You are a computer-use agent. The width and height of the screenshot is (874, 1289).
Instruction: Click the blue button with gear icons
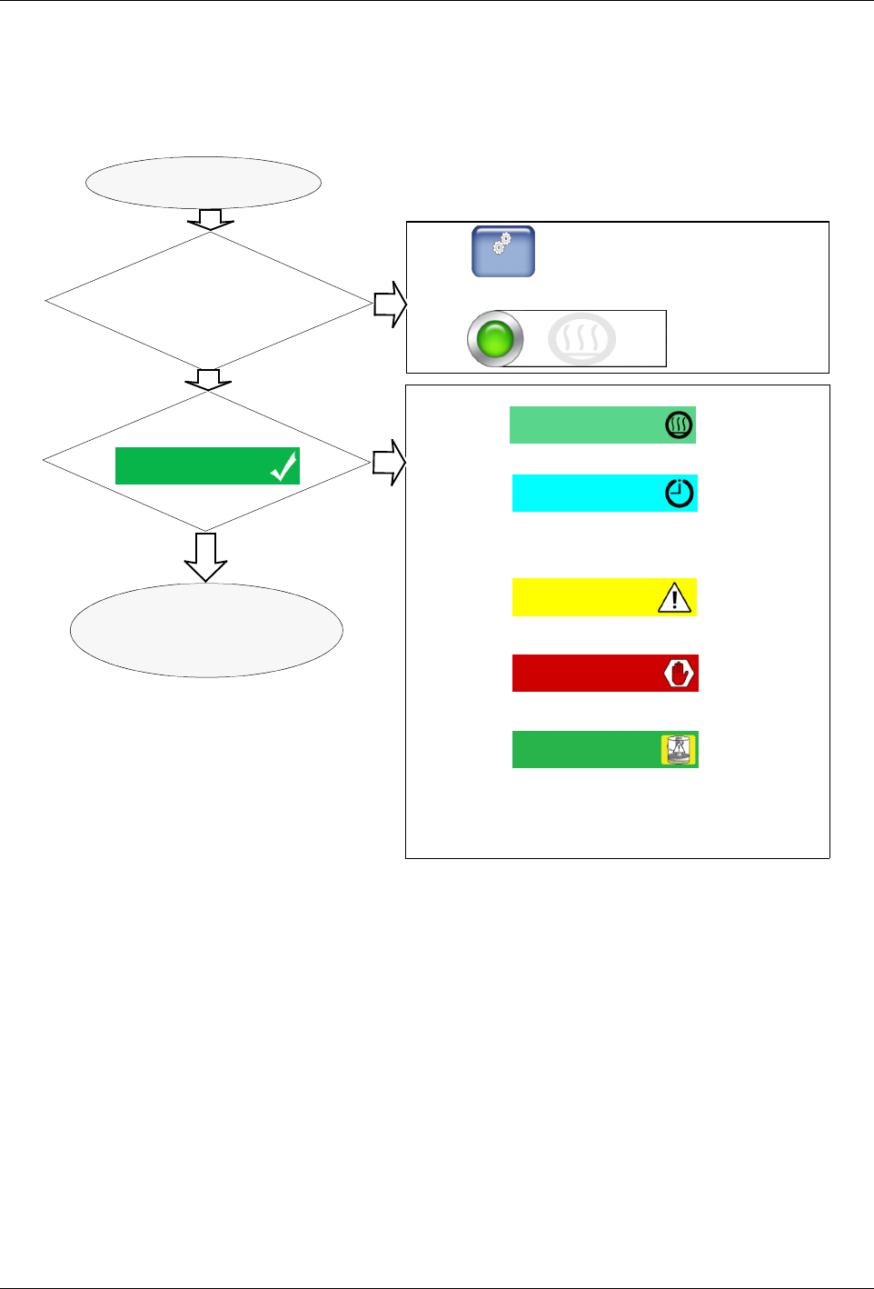click(502, 251)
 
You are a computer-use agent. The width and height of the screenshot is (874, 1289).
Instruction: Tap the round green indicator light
click(495, 339)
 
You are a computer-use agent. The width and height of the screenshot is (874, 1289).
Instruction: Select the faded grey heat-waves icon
click(581, 339)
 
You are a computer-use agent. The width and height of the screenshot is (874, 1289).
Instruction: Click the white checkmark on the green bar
click(283, 467)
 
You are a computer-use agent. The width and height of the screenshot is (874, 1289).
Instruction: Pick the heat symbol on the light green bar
click(679, 425)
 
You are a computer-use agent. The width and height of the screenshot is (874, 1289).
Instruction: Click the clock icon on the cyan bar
click(679, 493)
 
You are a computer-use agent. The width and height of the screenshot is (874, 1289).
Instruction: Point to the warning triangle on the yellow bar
click(674, 598)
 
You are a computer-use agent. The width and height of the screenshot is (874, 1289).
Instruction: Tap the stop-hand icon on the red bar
click(679, 674)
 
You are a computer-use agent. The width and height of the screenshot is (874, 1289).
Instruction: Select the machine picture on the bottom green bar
click(678, 750)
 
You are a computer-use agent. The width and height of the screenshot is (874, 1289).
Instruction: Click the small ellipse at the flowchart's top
click(204, 182)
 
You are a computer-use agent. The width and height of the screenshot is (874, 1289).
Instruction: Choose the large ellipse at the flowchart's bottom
click(206, 630)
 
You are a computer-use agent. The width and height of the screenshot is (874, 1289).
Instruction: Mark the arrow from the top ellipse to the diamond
click(210, 220)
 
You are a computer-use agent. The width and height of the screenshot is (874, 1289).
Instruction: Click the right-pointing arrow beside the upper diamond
click(391, 304)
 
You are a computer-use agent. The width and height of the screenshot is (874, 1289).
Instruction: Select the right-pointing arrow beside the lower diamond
click(389, 463)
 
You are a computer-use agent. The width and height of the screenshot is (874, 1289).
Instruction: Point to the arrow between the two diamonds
click(209, 379)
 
